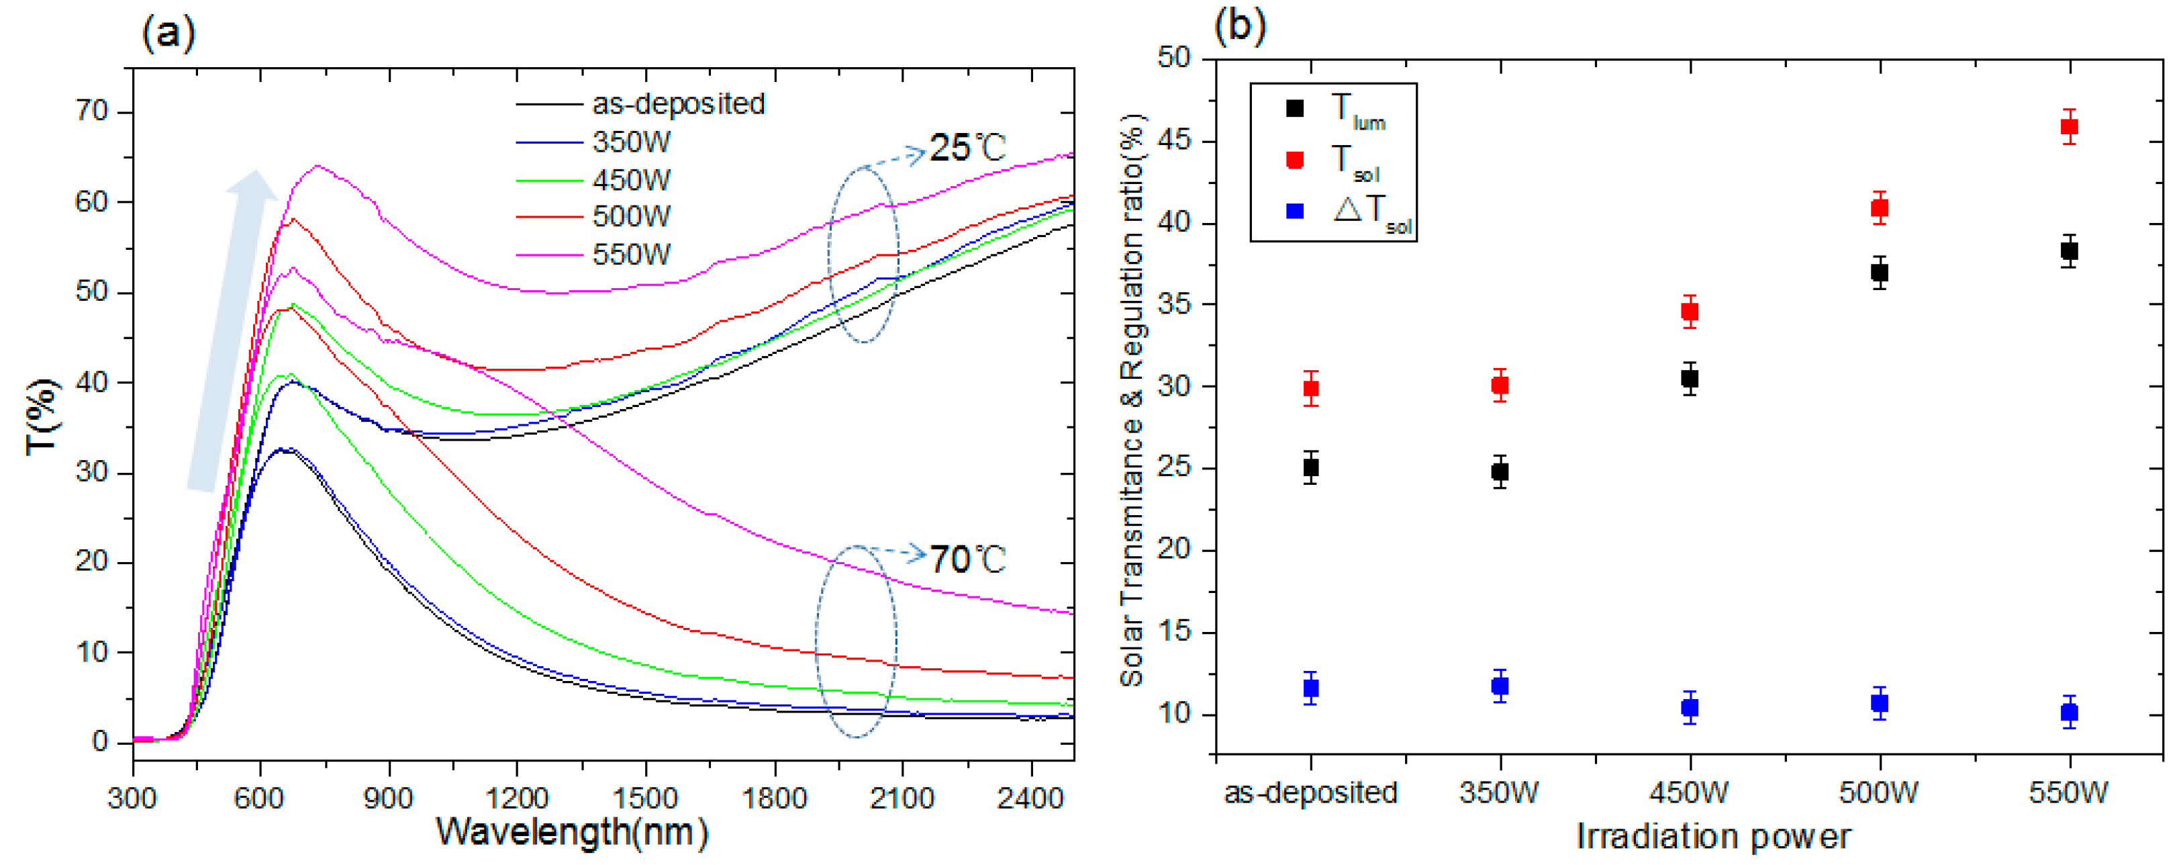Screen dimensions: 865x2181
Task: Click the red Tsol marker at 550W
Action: click(2068, 127)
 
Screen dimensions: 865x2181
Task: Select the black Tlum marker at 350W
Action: click(1500, 472)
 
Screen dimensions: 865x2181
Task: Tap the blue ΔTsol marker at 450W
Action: click(1689, 707)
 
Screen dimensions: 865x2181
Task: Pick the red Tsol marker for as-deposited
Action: click(1310, 389)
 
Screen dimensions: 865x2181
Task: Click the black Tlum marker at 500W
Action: click(1879, 273)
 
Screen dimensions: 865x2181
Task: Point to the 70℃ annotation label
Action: click(967, 560)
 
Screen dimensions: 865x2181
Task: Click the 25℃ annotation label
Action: click(967, 148)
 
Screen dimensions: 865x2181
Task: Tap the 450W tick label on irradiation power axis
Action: click(1688, 792)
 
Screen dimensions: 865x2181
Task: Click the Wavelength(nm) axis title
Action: click(571, 832)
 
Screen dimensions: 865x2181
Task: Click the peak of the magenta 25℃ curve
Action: click(318, 166)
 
